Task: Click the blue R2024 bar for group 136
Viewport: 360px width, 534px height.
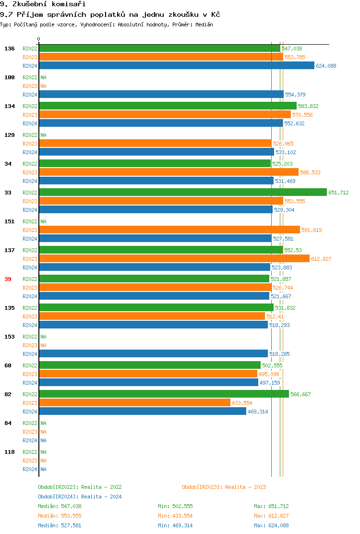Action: (176, 66)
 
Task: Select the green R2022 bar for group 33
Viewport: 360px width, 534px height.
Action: (182, 193)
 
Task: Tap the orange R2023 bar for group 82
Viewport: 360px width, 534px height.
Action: (134, 403)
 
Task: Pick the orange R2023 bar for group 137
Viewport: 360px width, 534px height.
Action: (174, 259)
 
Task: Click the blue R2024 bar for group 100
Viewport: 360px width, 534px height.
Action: (161, 95)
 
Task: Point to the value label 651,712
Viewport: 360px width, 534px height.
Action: (338, 193)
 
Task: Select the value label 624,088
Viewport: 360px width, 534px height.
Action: (326, 66)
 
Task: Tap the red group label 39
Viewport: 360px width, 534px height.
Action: (8, 279)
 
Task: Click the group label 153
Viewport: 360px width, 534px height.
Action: (10, 337)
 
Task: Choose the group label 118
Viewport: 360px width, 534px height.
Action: (10, 452)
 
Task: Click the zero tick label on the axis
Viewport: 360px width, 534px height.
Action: (39, 39)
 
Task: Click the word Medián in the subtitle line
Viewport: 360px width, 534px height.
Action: (204, 24)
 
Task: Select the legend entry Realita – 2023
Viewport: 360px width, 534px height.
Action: (245, 487)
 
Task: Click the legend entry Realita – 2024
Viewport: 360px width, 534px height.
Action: (101, 497)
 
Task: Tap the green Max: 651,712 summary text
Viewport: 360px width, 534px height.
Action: (271, 506)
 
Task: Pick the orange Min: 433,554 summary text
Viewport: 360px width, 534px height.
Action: (175, 516)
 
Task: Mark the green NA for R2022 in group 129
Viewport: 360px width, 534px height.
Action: (43, 135)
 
